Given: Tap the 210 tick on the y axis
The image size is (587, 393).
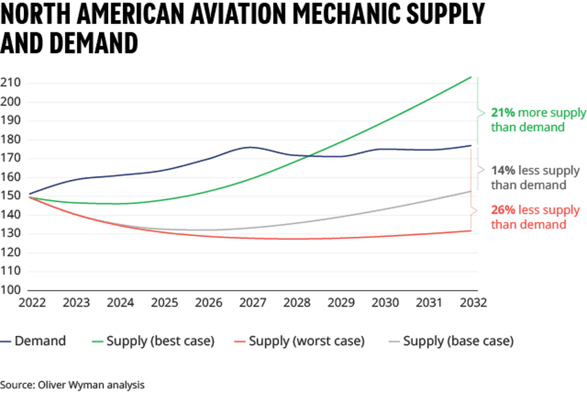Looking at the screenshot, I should [x=13, y=83].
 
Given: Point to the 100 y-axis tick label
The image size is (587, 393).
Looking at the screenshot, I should [x=13, y=290].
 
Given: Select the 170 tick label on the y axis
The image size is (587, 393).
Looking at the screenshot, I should [x=13, y=159].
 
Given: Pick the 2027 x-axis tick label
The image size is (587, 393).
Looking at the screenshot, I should [x=252, y=303].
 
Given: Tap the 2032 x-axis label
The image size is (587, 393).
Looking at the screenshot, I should [x=473, y=303].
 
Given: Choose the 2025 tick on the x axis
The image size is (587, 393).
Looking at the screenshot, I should [x=164, y=303].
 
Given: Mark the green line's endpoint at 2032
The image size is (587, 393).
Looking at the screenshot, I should [x=471, y=77].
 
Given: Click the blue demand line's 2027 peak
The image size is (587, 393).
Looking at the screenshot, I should [x=251, y=147].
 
